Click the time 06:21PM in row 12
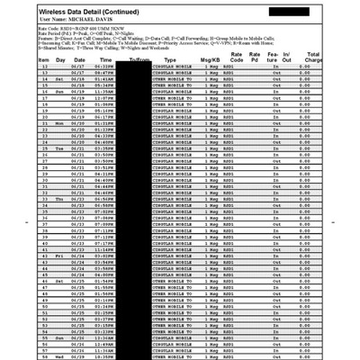103,67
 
